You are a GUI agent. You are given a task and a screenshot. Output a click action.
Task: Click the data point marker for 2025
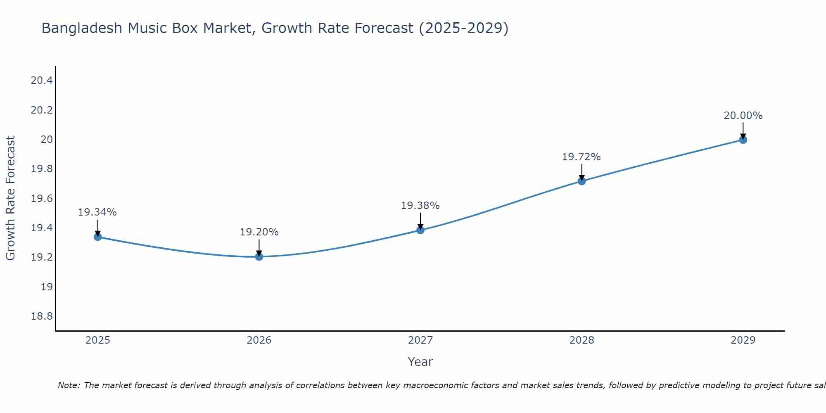click(x=98, y=237)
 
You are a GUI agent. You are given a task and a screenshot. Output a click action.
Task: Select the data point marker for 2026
click(x=259, y=256)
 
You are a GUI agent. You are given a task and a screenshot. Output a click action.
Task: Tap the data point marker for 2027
click(x=420, y=230)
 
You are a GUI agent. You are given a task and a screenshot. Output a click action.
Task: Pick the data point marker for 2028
click(x=582, y=181)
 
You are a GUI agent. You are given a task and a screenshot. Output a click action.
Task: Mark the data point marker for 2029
click(x=743, y=140)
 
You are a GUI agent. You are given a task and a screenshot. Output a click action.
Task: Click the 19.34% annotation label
click(x=97, y=212)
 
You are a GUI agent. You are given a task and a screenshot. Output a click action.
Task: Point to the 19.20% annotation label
click(x=259, y=232)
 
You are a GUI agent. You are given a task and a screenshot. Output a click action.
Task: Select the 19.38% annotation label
click(x=420, y=206)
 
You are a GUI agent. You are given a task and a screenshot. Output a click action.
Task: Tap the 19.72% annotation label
click(x=581, y=157)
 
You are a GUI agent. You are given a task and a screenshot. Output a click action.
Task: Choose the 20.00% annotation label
click(x=743, y=116)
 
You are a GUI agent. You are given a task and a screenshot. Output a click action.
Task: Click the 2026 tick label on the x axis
click(x=259, y=340)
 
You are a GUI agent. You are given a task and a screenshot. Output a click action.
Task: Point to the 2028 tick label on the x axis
click(x=582, y=340)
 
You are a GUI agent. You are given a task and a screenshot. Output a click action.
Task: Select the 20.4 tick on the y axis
click(x=42, y=81)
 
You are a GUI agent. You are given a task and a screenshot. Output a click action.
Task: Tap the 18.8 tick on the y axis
click(x=42, y=316)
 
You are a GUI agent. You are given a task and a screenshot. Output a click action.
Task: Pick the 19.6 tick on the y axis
click(x=42, y=199)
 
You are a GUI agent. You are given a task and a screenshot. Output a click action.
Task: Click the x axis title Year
click(x=420, y=362)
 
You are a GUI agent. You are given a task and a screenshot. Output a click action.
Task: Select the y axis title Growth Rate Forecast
click(x=10, y=198)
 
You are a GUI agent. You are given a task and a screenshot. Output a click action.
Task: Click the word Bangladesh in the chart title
click(x=82, y=28)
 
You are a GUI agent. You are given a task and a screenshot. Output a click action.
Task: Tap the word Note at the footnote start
click(x=69, y=385)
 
